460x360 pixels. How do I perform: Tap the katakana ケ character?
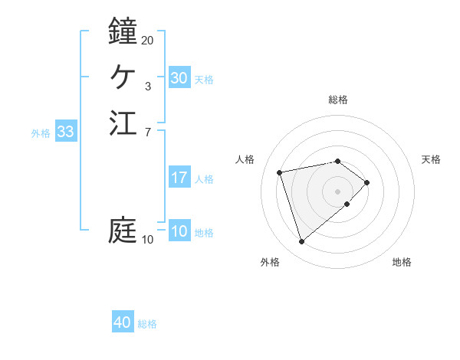tap(123, 77)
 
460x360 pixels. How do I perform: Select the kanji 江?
tap(123, 123)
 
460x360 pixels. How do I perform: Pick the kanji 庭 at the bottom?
tap(123, 230)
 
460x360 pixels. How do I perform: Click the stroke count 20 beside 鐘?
tap(148, 40)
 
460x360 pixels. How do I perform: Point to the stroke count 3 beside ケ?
tap(147, 87)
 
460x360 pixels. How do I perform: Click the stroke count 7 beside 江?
tap(147, 133)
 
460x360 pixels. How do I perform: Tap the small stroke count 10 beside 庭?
tap(148, 240)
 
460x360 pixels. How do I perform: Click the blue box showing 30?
tap(179, 78)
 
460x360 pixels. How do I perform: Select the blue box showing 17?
tap(179, 178)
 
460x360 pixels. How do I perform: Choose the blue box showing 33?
tap(66, 132)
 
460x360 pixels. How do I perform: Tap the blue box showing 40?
tap(123, 322)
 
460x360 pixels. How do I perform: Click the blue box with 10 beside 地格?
tap(179, 231)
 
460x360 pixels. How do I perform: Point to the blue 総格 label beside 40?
tap(147, 324)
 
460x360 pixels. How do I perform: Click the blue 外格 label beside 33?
tap(41, 133)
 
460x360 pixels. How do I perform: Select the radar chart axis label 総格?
tap(338, 100)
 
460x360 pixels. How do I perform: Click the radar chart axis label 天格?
tap(431, 159)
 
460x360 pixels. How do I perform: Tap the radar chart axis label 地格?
tap(402, 263)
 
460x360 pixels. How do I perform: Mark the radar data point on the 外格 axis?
tap(301, 242)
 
